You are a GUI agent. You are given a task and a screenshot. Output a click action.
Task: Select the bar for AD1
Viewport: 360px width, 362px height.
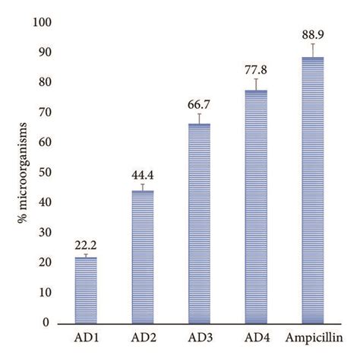click(x=91, y=290)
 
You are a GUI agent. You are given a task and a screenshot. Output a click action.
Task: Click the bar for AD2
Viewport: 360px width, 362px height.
click(x=143, y=256)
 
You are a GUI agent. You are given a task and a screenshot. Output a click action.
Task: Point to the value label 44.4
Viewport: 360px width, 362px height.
click(x=143, y=174)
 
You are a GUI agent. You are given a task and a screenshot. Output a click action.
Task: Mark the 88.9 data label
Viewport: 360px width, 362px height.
click(x=312, y=34)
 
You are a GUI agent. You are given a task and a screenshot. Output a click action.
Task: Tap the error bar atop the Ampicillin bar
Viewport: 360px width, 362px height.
click(x=312, y=50)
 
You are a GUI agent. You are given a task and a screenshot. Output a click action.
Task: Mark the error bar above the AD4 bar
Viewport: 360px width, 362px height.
click(x=256, y=84)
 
